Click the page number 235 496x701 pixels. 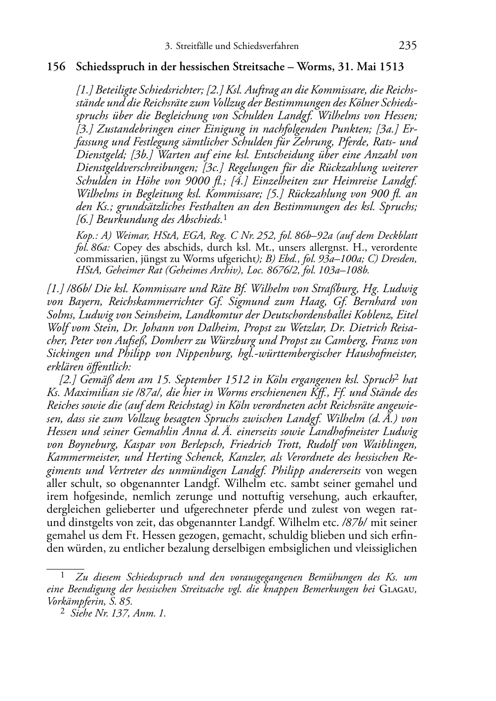[x=408, y=46]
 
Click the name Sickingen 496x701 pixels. [x=68, y=353]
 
